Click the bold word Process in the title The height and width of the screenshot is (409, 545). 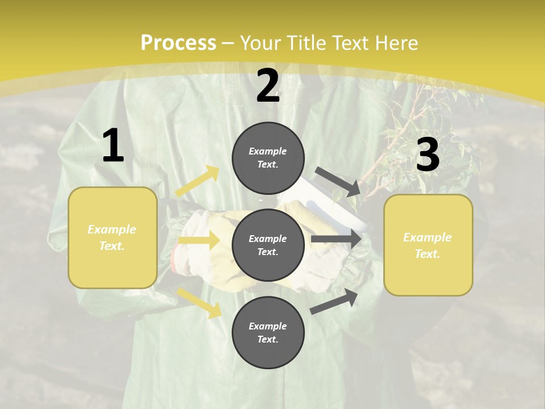[x=178, y=43]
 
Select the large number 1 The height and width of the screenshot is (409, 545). [x=113, y=147]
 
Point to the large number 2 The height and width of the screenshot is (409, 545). [x=268, y=86]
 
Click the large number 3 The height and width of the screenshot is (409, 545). [x=427, y=156]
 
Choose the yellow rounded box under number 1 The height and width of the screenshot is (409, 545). [x=112, y=237]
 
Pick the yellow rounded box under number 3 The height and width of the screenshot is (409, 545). [x=428, y=245]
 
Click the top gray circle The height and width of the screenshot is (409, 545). [x=268, y=158]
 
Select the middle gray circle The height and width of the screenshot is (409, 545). [x=268, y=245]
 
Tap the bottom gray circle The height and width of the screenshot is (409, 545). [x=268, y=332]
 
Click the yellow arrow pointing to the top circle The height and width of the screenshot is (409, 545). [x=198, y=181]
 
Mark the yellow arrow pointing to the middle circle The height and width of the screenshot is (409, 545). [x=199, y=240]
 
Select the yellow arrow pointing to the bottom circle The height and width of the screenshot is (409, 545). [x=199, y=302]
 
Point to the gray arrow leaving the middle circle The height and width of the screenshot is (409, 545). [x=336, y=239]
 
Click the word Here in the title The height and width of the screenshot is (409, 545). [x=397, y=43]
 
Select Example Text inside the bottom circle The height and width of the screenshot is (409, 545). [x=268, y=333]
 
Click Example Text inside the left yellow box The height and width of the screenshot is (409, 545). [x=112, y=237]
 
